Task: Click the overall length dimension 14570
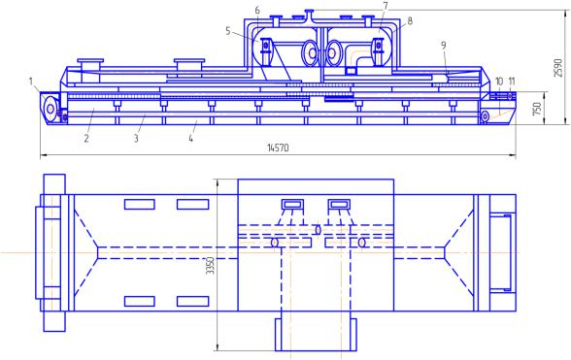coord(278,147)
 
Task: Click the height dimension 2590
coord(557,68)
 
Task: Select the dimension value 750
coord(537,109)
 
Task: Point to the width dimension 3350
coord(211,265)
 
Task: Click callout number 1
coord(31,81)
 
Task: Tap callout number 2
coord(86,139)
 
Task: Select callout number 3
coord(136,139)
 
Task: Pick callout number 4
coord(190,139)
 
